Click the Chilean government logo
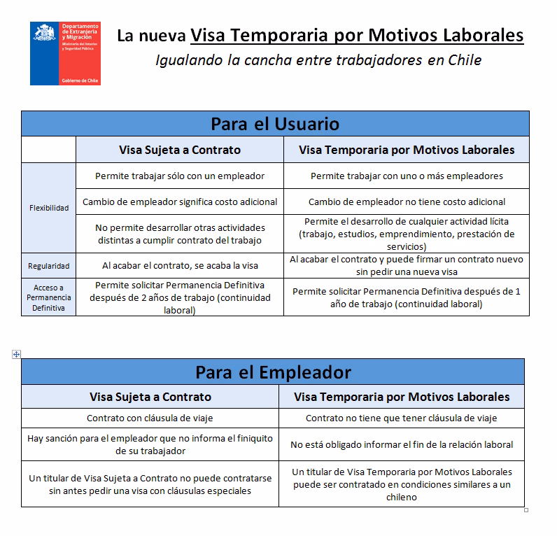[65, 53]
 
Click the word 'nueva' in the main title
[162, 35]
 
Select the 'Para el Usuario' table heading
[275, 124]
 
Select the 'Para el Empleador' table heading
[273, 372]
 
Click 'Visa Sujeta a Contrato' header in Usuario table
[180, 150]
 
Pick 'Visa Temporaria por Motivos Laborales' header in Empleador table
[402, 397]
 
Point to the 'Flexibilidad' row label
[49, 208]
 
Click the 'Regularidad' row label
[49, 266]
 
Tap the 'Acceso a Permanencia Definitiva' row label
[49, 297]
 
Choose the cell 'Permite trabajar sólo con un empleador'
[180, 176]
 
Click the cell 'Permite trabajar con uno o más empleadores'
[407, 176]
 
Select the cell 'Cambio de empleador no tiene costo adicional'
[407, 202]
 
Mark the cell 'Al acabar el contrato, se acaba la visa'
[180, 266]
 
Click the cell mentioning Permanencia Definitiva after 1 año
[407, 298]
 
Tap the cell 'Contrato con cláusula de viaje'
[150, 418]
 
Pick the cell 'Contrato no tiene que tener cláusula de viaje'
[402, 418]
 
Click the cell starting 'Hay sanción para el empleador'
[150, 444]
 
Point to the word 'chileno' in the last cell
[401, 497]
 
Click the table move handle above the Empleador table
[16, 354]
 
